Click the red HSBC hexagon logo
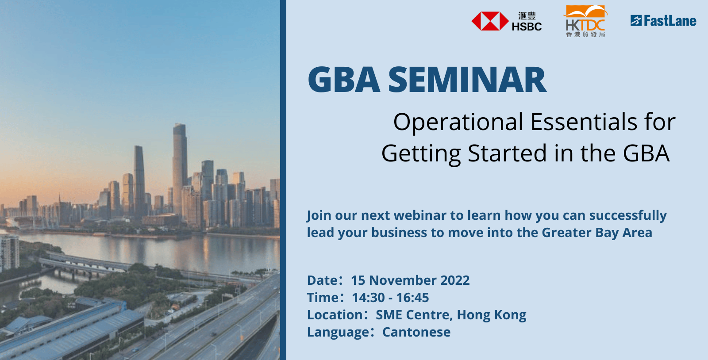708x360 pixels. click(x=490, y=21)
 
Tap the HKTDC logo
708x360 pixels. click(x=585, y=21)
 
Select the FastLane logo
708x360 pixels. click(x=663, y=21)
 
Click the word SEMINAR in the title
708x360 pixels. click(x=467, y=80)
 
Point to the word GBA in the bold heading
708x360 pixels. click(x=343, y=80)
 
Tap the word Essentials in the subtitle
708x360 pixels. click(x=584, y=122)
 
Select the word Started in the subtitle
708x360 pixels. click(x=507, y=153)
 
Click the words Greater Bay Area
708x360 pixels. click(x=597, y=233)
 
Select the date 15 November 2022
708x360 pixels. click(x=410, y=280)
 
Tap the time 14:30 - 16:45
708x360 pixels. click(x=390, y=298)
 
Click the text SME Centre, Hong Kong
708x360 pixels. click(x=451, y=315)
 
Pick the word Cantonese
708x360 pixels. click(x=416, y=332)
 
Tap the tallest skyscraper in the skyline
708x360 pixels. click(x=180, y=167)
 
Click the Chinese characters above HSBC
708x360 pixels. click(x=527, y=16)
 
